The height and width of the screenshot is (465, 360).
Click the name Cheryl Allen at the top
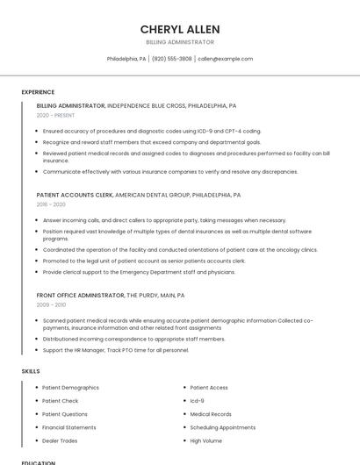tap(180, 29)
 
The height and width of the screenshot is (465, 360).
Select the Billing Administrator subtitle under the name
tap(180, 42)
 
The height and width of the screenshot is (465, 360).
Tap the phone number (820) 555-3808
tap(171, 59)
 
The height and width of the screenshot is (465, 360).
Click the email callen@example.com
tap(225, 59)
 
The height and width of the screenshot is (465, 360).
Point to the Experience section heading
tap(38, 92)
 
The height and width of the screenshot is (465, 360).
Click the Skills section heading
tap(31, 371)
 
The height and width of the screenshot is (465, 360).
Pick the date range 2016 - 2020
tap(51, 204)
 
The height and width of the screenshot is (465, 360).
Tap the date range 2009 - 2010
tap(51, 304)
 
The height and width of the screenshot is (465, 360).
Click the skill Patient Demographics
tap(70, 387)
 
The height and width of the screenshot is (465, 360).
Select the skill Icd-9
tap(198, 400)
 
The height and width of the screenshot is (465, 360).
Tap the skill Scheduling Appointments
tap(222, 427)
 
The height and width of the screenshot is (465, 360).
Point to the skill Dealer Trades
tap(60, 440)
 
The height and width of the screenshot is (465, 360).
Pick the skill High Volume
tap(206, 440)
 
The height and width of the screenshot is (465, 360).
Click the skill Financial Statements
tap(69, 427)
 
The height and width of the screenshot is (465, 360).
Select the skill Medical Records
tap(211, 414)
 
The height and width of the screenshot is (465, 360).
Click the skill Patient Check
tap(60, 400)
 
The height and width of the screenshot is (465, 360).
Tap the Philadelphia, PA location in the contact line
tap(126, 59)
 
